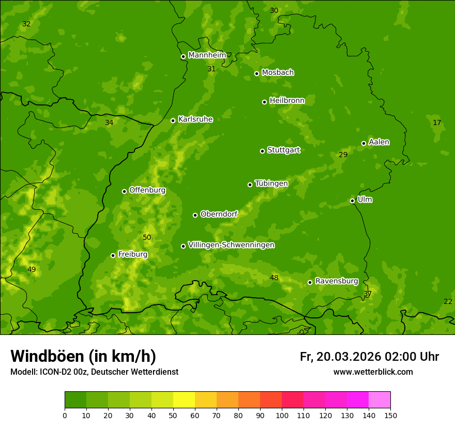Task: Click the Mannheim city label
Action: [x=207, y=55]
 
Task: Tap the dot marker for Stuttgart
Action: [x=262, y=151]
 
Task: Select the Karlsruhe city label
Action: [x=195, y=119]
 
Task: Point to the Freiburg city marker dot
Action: [x=113, y=255]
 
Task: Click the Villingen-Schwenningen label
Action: [x=231, y=244]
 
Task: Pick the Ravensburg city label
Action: [x=336, y=281]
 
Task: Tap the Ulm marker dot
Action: [x=352, y=201]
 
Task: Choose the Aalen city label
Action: [x=378, y=142]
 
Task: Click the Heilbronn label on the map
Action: [x=287, y=100]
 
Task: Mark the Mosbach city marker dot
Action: [x=256, y=73]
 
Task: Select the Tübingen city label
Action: [x=271, y=183]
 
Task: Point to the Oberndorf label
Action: [x=219, y=213]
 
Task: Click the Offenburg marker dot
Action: [x=124, y=191]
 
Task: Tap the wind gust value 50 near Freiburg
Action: [x=147, y=237]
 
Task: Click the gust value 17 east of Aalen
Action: [x=437, y=122]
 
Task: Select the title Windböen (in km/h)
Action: [x=83, y=356]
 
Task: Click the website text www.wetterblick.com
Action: [x=373, y=372]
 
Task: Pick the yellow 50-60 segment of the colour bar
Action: [x=184, y=400]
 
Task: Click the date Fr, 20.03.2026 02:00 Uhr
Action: [x=369, y=357]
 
